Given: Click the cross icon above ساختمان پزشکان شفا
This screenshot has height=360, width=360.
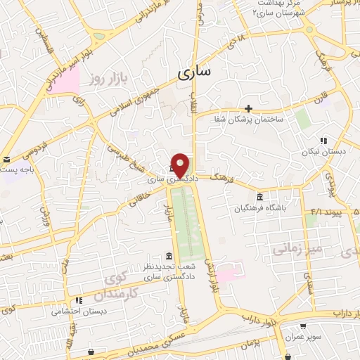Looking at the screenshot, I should [249, 108].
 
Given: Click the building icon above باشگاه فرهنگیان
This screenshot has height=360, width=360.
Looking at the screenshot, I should [260, 196].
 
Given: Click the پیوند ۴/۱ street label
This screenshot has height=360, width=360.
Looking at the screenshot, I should [326, 211].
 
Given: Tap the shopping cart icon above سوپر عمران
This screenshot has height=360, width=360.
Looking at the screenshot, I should [302, 326].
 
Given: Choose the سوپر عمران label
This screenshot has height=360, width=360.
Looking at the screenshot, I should [303, 337].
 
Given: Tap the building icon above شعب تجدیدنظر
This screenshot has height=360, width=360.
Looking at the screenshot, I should [167, 255].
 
